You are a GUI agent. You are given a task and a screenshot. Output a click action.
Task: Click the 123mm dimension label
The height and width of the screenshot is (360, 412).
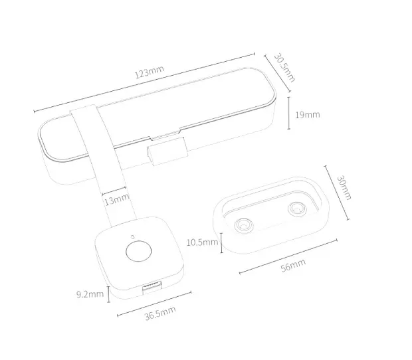[150, 72]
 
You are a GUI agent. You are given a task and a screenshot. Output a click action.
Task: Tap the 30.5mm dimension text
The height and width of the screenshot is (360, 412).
[284, 68]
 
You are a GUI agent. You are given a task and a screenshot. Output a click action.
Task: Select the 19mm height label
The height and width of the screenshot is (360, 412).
[308, 115]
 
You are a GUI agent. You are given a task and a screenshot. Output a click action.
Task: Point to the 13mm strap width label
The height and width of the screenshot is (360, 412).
[117, 199]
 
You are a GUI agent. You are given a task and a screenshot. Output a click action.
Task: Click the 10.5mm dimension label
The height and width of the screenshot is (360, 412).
[202, 242]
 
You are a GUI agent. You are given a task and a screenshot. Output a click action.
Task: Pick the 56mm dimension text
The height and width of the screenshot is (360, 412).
[293, 265]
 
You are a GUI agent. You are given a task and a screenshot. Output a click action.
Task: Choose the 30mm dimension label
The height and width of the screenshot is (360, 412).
[344, 188]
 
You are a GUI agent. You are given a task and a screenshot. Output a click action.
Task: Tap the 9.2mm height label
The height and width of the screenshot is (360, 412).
[90, 294]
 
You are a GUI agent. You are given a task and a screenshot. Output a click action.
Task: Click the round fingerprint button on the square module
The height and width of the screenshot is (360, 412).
[139, 251]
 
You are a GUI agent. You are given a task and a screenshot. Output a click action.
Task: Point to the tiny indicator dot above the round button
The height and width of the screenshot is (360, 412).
[133, 237]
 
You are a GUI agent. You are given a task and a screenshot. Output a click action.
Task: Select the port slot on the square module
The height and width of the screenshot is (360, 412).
[152, 286]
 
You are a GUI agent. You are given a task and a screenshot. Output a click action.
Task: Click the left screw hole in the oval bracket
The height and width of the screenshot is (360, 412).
[244, 225]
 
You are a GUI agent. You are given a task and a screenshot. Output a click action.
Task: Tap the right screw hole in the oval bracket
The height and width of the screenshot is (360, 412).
[297, 209]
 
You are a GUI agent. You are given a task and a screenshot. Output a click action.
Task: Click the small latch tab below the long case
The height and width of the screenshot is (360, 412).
[167, 151]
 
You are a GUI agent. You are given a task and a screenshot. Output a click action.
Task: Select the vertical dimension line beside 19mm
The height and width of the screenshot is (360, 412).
[289, 113]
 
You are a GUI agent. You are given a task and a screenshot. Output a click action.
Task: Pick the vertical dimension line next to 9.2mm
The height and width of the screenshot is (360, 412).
[109, 294]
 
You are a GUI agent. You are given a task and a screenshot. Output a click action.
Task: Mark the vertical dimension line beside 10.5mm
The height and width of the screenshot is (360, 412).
[222, 243]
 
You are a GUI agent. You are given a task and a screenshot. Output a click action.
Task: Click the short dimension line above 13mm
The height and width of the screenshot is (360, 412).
[114, 191]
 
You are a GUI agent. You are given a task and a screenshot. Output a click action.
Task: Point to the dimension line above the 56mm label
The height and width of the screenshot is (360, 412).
[288, 256]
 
